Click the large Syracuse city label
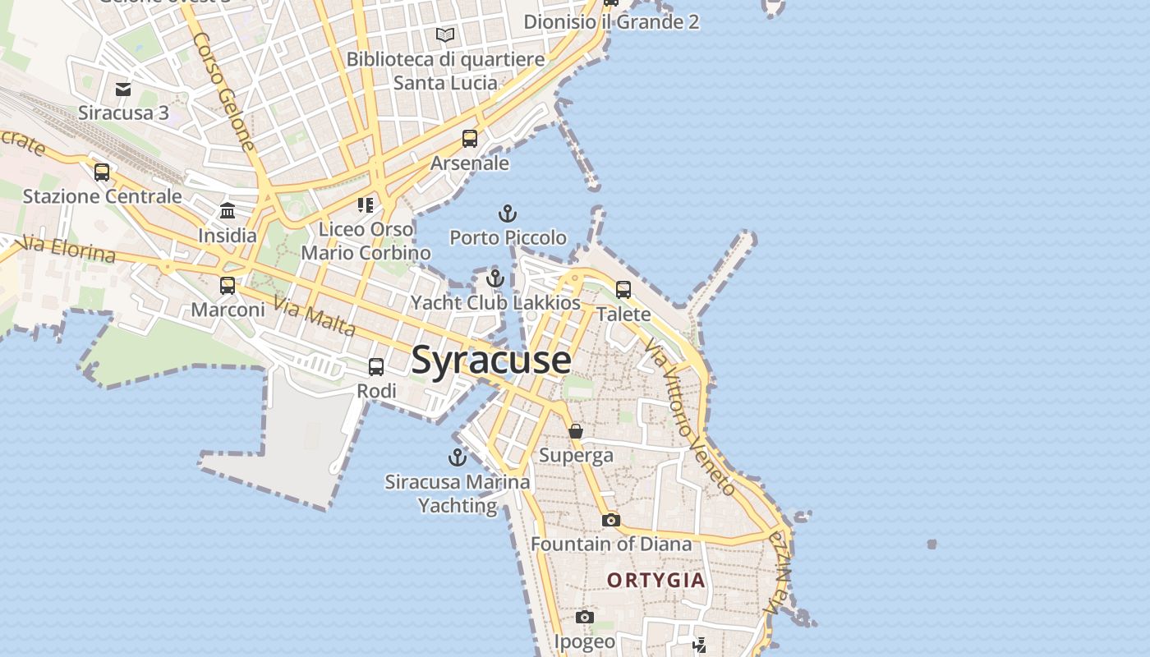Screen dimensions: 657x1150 pos(490,360)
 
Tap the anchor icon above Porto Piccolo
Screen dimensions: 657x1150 pos(508,214)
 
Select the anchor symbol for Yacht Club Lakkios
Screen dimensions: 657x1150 pos(494,278)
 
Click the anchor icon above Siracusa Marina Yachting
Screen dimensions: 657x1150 pos(457,457)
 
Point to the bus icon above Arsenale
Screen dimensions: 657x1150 pos(470,139)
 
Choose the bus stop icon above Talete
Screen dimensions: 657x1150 pos(623,290)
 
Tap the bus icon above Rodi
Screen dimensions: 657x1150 pos(376,367)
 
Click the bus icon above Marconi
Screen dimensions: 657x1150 pos(228,286)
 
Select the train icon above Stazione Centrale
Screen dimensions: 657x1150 pos(102,172)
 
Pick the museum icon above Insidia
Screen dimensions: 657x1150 pos(228,211)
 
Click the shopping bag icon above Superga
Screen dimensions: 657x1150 pos(576,431)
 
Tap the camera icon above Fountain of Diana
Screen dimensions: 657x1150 pos(610,520)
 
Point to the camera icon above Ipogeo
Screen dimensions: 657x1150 pos(584,618)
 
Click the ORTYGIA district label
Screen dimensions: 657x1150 pos(655,581)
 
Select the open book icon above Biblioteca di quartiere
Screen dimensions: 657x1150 pos(445,35)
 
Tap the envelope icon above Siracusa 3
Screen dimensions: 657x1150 pos(123,89)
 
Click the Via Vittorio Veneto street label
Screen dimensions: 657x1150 pos(690,419)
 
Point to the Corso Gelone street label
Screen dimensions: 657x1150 pos(223,90)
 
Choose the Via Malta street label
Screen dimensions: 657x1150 pos(315,317)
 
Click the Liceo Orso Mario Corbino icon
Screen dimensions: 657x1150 pos(366,204)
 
